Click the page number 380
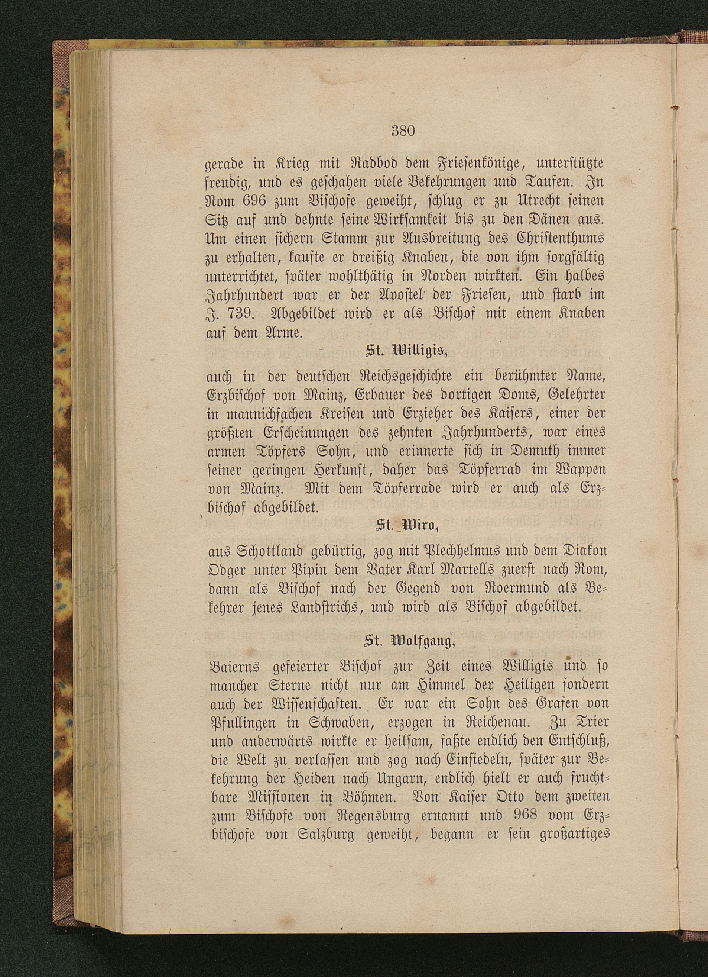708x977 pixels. [403, 130]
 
